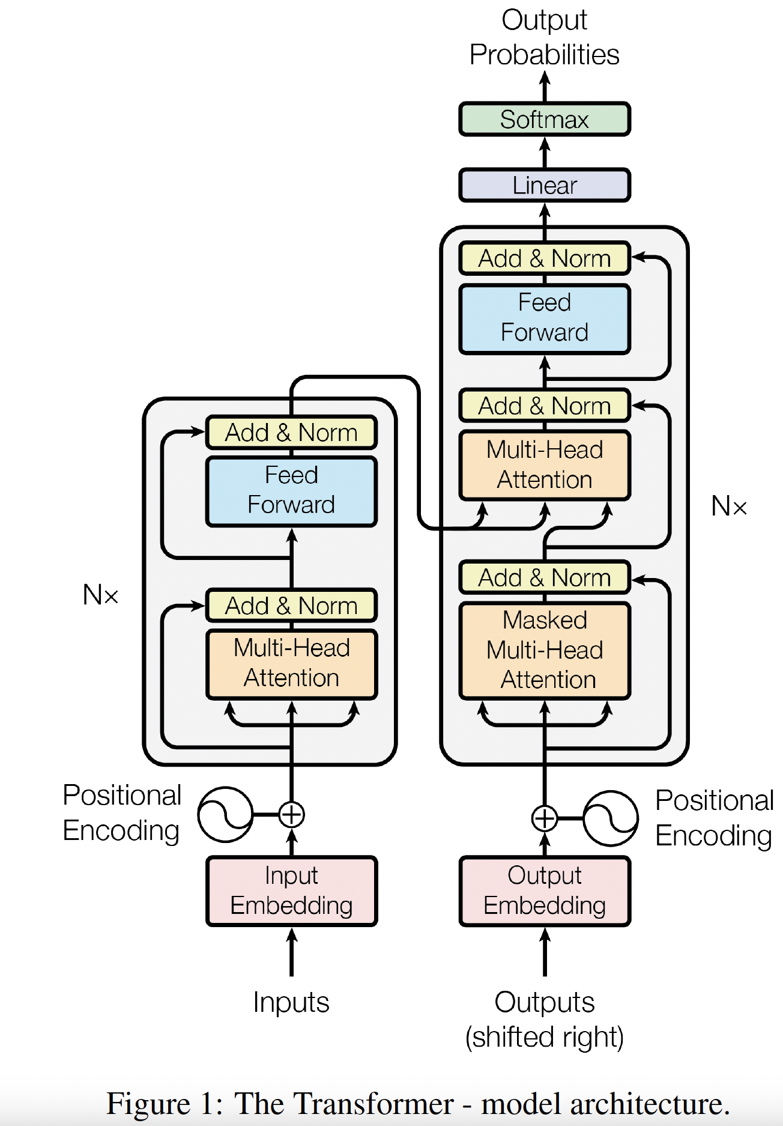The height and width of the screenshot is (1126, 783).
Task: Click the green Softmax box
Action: click(x=545, y=119)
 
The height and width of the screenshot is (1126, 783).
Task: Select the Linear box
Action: click(x=545, y=185)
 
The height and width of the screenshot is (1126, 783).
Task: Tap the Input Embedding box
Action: click(x=291, y=891)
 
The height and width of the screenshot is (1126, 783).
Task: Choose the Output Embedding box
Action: click(x=545, y=891)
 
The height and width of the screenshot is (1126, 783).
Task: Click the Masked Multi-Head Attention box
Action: click(x=545, y=651)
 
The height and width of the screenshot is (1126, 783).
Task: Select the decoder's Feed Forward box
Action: click(x=545, y=319)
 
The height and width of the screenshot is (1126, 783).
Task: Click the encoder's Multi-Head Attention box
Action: click(x=291, y=664)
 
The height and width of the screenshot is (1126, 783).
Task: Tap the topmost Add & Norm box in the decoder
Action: click(x=545, y=258)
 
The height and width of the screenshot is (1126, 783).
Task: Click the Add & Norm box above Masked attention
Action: click(x=545, y=577)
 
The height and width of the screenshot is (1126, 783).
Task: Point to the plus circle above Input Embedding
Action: click(x=292, y=815)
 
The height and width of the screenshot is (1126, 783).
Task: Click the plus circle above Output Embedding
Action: click(x=545, y=818)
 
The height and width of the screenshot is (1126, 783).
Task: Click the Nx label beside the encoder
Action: click(x=100, y=595)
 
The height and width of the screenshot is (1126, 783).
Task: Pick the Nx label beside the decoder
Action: click(x=729, y=506)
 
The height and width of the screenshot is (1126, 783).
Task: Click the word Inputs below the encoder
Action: click(x=291, y=1002)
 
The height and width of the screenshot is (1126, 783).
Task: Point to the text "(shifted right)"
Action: click(x=545, y=1037)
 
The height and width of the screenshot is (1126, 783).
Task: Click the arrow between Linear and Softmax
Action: click(x=545, y=153)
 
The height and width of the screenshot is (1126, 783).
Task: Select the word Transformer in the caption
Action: click(x=344, y=1104)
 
